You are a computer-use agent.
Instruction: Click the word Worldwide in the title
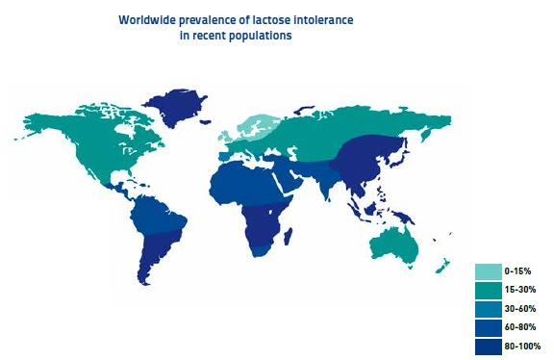pyautogui.click(x=145, y=19)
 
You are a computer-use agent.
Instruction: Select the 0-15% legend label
pyautogui.click(x=516, y=273)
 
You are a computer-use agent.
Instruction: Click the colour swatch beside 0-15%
pyautogui.click(x=488, y=273)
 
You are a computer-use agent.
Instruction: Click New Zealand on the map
pyautogui.click(x=445, y=266)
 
